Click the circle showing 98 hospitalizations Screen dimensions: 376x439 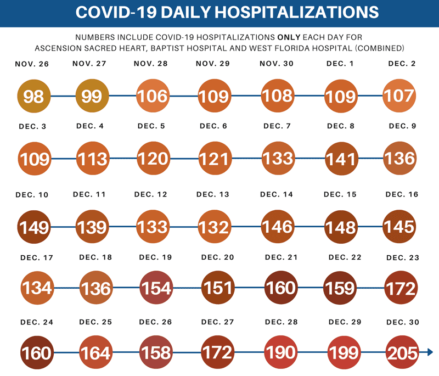tap(33, 96)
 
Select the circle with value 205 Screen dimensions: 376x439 tap(402, 352)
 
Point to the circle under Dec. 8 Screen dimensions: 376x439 tap(341, 159)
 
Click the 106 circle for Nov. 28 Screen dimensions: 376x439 tap(152, 96)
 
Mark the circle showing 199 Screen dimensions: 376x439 tap(344, 352)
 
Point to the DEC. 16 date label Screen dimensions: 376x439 tap(402, 195)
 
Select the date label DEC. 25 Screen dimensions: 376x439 tap(96, 322)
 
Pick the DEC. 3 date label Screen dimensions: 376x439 tap(34, 126)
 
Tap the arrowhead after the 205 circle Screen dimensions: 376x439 tap(430, 352)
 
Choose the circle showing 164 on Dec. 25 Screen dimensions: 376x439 tap(96, 352)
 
